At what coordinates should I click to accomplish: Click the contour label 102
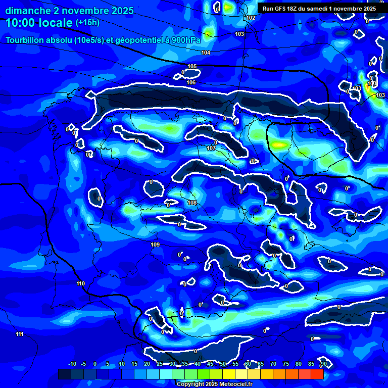tap(251, 18)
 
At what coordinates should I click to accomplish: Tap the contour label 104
tap(206, 53)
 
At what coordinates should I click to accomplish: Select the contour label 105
tap(192, 67)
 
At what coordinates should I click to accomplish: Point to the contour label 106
tap(191, 82)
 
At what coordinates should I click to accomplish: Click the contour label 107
tap(211, 149)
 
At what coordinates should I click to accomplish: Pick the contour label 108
tap(192, 203)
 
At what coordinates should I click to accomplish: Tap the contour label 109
tap(155, 245)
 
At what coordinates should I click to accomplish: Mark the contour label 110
tap(81, 283)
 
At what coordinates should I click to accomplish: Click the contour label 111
tap(20, 334)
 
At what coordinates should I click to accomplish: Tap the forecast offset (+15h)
tap(87, 23)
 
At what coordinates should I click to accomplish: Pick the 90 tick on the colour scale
tap(323, 364)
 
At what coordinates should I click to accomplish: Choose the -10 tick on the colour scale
tap(72, 364)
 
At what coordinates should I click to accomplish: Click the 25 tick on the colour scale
tap(160, 364)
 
